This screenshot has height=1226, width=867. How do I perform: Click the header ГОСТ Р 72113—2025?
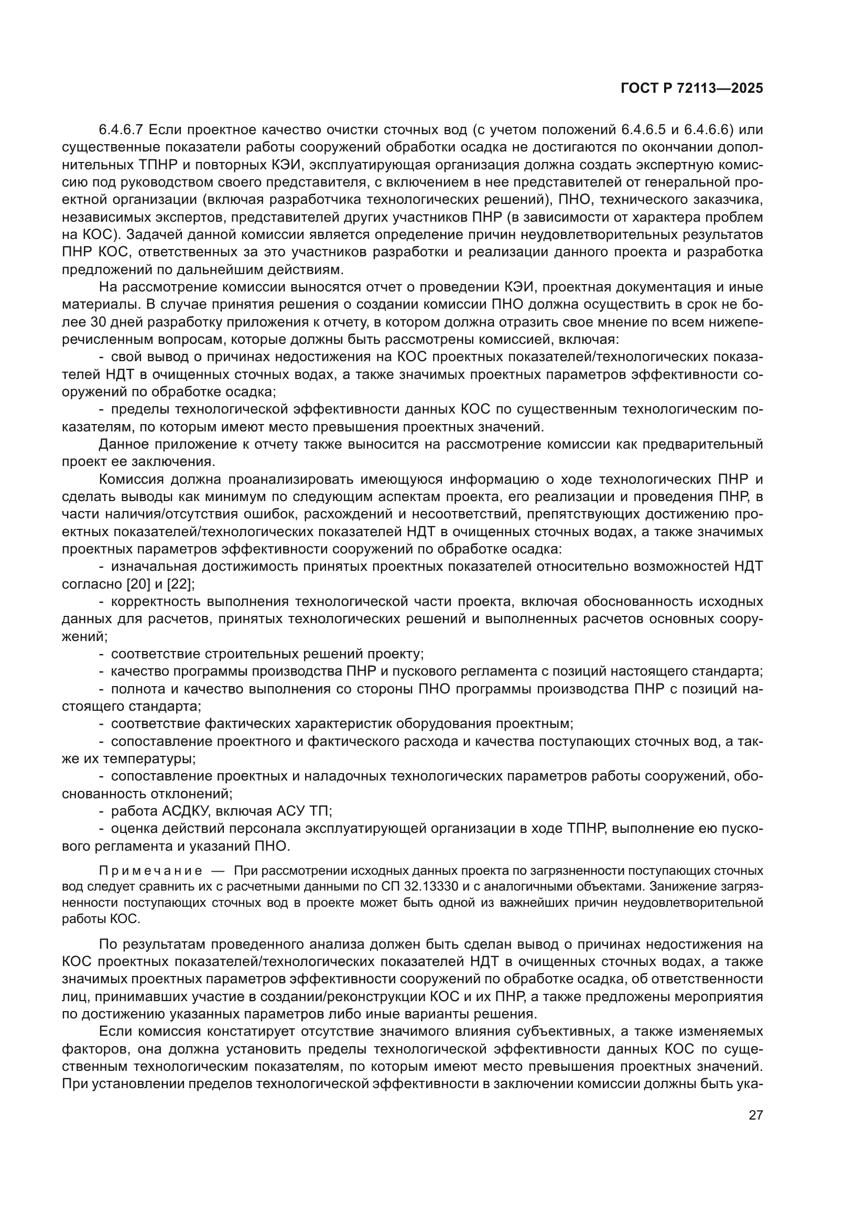pos(691,89)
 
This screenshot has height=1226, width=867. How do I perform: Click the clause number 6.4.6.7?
pos(121,130)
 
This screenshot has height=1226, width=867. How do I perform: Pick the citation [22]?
pos(179,583)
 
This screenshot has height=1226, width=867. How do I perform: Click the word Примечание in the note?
pos(150,871)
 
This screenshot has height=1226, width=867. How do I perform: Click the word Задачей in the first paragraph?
pos(153,234)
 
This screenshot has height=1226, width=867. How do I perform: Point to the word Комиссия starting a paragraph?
pos(129,479)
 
